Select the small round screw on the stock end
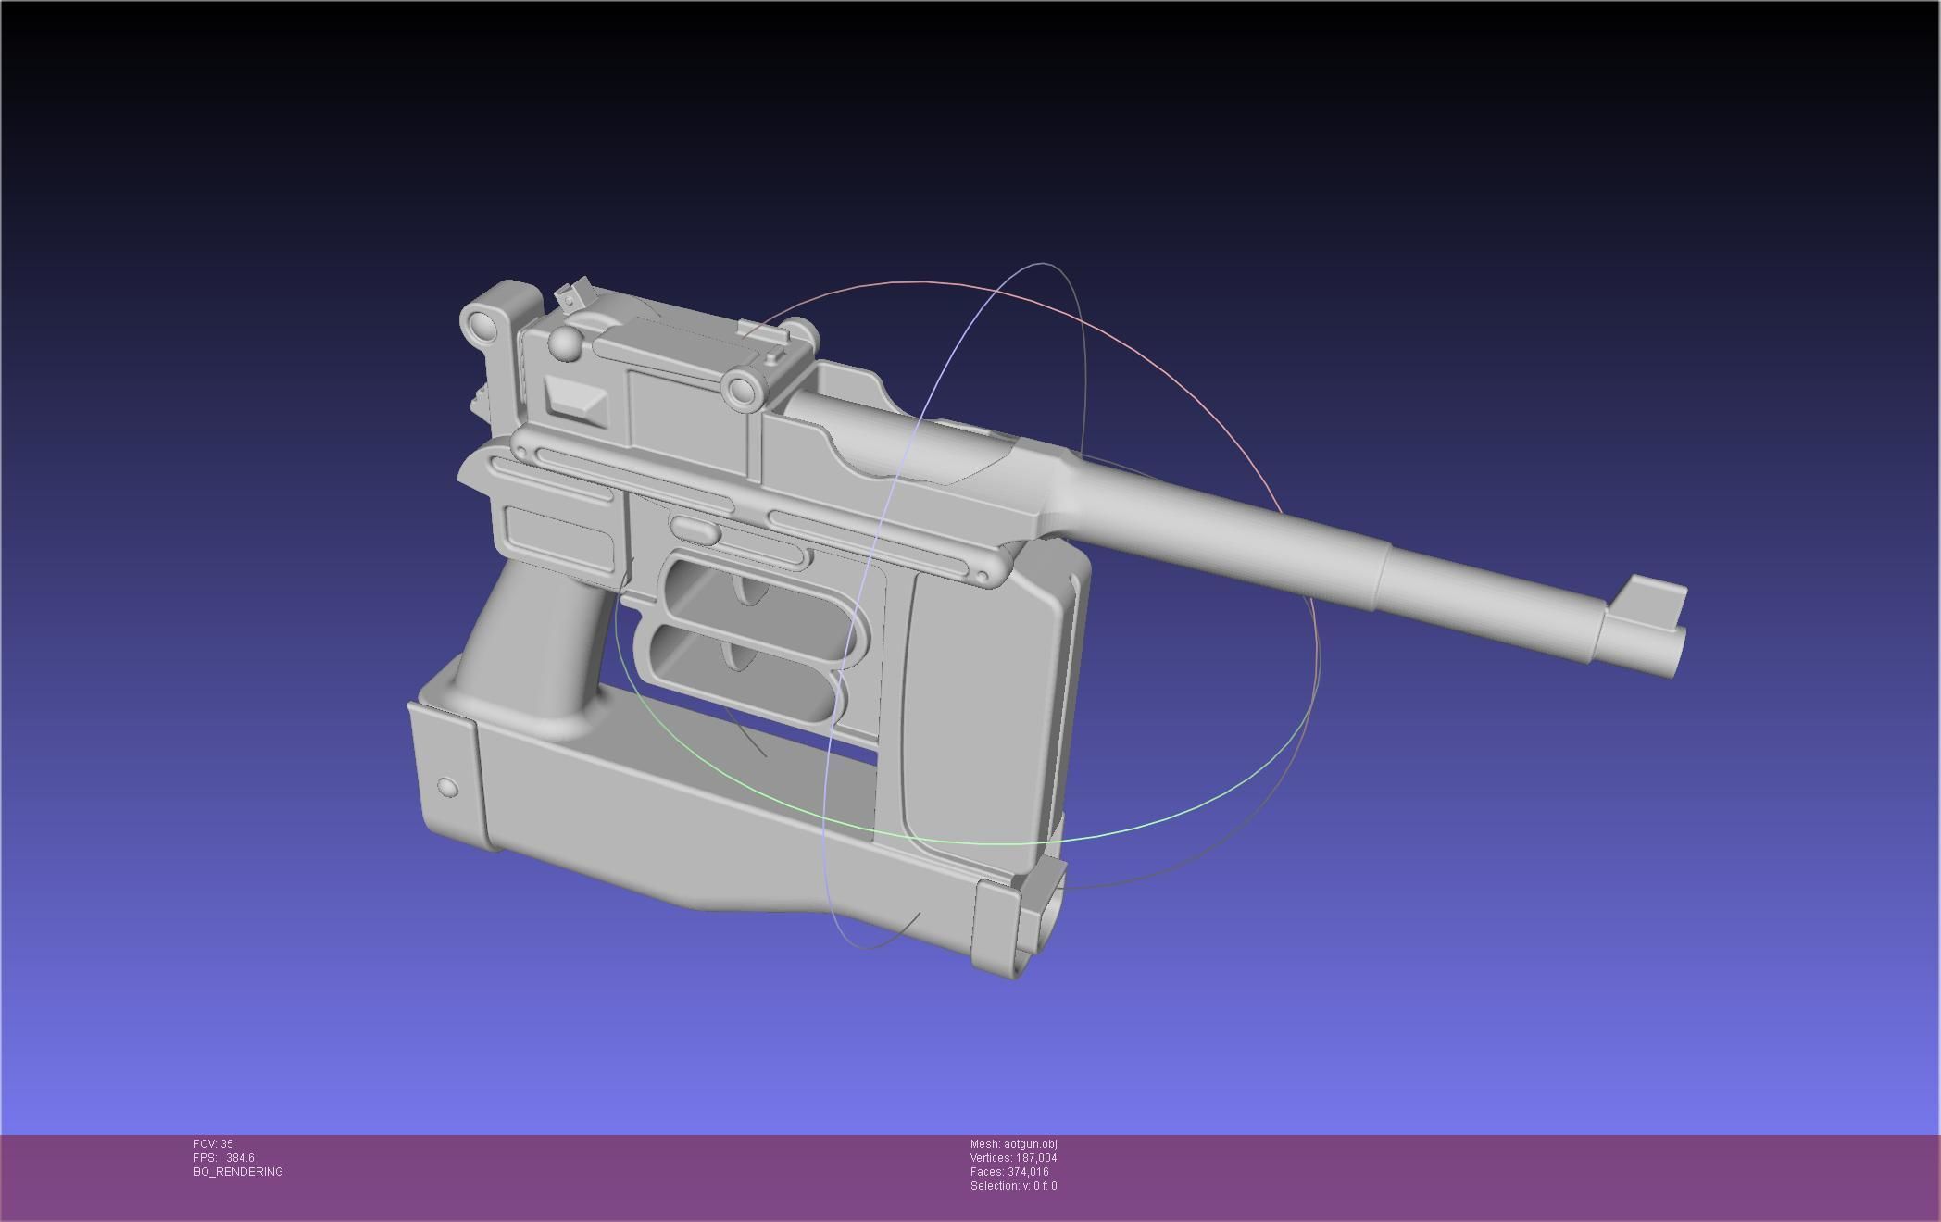pos(446,788)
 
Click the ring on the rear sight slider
pos(741,391)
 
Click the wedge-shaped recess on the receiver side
pos(576,400)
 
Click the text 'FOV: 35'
pos(213,1144)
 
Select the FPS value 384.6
pos(240,1158)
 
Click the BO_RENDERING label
pos(238,1172)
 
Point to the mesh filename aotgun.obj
pos(1030,1144)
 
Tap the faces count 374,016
pos(1027,1172)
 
